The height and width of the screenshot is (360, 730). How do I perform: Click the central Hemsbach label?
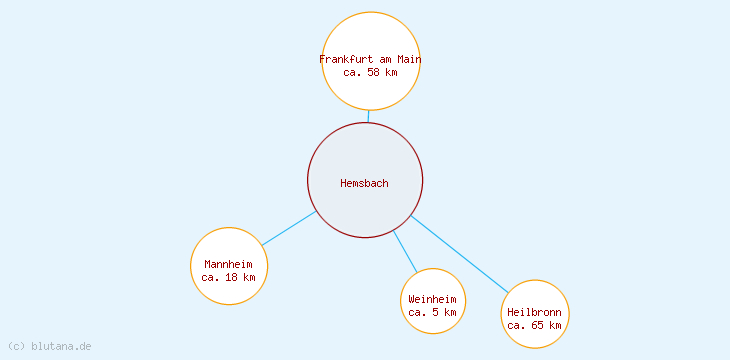click(364, 183)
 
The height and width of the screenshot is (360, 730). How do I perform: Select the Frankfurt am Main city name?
click(370, 59)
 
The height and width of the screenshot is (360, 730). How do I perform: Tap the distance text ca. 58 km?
click(370, 72)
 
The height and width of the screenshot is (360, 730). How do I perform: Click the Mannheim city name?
click(228, 264)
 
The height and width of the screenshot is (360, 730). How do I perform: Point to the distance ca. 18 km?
click(228, 277)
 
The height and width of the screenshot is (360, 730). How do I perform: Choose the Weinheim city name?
click(432, 299)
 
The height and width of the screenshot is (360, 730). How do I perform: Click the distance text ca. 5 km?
click(432, 312)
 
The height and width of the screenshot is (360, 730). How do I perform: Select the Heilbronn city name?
click(534, 312)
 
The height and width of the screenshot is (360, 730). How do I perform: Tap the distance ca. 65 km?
click(534, 325)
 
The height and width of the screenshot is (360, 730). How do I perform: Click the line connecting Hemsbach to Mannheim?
click(289, 228)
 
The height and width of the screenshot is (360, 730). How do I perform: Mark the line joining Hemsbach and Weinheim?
click(405, 251)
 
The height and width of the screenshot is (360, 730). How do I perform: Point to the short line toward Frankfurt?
click(368, 116)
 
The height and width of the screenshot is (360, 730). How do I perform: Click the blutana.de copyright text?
click(49, 346)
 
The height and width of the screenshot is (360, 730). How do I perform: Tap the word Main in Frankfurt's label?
click(408, 59)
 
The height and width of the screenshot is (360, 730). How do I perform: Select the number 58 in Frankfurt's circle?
click(374, 72)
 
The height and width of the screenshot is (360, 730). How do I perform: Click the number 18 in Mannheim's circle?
click(232, 277)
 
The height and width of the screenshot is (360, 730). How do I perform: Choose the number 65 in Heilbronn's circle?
click(538, 325)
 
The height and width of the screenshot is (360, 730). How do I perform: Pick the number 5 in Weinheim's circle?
click(436, 312)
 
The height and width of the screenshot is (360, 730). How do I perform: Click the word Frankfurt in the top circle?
click(346, 59)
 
